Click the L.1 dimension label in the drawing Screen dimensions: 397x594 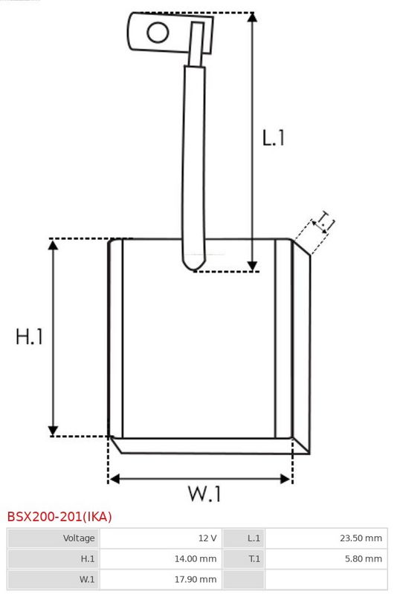click(x=273, y=138)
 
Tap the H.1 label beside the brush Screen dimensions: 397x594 click(x=29, y=336)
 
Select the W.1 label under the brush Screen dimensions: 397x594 click(x=204, y=494)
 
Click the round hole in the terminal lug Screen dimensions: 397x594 click(x=158, y=32)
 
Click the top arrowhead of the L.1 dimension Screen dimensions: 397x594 click(x=252, y=17)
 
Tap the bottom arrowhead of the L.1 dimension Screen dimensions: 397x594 click(x=252, y=267)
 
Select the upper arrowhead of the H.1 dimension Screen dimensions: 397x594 click(x=53, y=244)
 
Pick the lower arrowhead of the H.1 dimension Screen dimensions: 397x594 click(x=53, y=431)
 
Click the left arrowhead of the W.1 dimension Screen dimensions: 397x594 click(x=114, y=479)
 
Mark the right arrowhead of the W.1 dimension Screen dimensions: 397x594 click(x=285, y=479)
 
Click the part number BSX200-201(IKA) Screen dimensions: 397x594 click(x=59, y=517)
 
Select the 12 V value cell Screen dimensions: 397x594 click(x=207, y=538)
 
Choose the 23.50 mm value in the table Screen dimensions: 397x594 click(x=361, y=538)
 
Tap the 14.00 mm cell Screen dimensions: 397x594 click(x=196, y=559)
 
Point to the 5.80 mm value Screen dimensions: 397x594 click(x=364, y=559)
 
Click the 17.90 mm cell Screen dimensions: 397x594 click(x=196, y=579)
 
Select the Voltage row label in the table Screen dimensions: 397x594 click(x=79, y=538)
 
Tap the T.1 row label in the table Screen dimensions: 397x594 click(x=254, y=559)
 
